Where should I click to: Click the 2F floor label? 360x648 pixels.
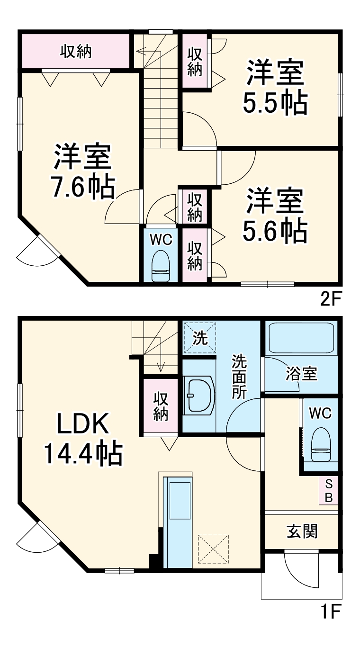click(331, 299)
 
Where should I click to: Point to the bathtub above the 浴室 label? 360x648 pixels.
click(301, 338)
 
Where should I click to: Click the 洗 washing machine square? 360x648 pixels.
click(200, 338)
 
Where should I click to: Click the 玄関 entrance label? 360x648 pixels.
click(302, 531)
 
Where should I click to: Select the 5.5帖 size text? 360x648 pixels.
click(275, 103)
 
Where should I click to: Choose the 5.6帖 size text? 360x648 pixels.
click(275, 230)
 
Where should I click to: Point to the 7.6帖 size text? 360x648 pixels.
click(83, 187)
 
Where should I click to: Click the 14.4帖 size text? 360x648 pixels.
click(83, 453)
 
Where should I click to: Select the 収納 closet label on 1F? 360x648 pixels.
click(161, 406)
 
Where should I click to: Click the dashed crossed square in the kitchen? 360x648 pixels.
click(213, 549)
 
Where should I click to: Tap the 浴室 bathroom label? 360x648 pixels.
click(301, 374)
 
